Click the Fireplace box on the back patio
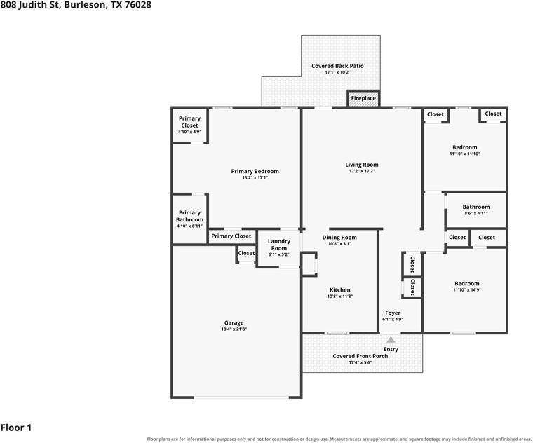coord(363,99)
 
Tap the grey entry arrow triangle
coord(391,339)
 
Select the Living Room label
coord(362,165)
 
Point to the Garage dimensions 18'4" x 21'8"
coord(234,329)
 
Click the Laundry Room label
coord(278,245)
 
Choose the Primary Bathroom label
coord(189,216)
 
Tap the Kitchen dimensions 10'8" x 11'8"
coord(340,297)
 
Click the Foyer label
coord(393,313)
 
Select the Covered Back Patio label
coord(337,66)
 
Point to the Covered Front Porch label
coord(360,356)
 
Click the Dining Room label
coord(339,238)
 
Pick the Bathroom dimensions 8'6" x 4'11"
coord(476,213)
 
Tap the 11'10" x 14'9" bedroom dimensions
coord(467,289)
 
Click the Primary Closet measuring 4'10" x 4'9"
coord(189,125)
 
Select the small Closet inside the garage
coord(246,254)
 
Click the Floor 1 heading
coord(16,428)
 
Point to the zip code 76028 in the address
coord(137,5)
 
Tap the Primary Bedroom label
coord(255,171)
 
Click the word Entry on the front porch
coord(391,349)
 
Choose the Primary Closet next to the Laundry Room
coord(231,236)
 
